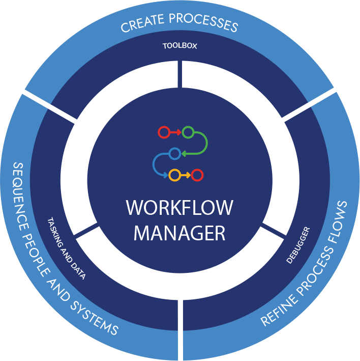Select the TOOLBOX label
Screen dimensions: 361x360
[x=179, y=46]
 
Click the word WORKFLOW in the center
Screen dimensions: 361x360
[x=179, y=208]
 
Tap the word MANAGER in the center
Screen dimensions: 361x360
[x=179, y=233]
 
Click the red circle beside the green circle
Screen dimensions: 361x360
[x=164, y=133]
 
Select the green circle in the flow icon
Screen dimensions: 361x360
[x=187, y=133]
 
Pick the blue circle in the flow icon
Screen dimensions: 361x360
[x=174, y=153]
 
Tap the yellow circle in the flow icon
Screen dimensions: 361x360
[x=174, y=175]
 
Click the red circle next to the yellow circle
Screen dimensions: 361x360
[x=198, y=175]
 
